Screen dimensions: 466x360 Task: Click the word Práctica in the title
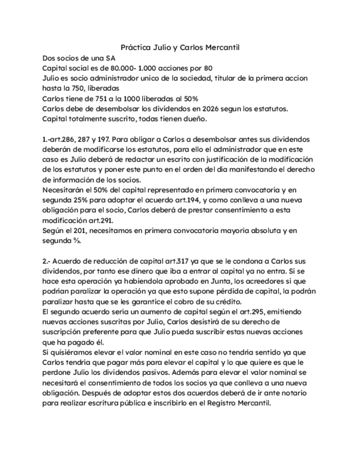pos(135,48)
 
